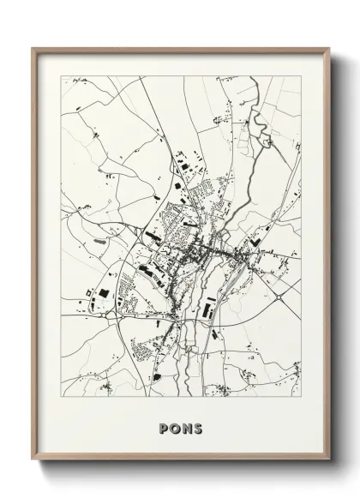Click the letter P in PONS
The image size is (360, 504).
pyautogui.click(x=165, y=429)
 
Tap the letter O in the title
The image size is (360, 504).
pyautogui.click(x=175, y=429)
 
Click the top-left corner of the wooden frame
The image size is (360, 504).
pyautogui.click(x=33, y=49)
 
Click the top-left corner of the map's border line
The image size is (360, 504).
pyautogui.click(x=61, y=76)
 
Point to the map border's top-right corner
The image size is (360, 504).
pyautogui.click(x=301, y=76)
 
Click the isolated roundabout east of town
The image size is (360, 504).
pyautogui.click(x=279, y=297)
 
